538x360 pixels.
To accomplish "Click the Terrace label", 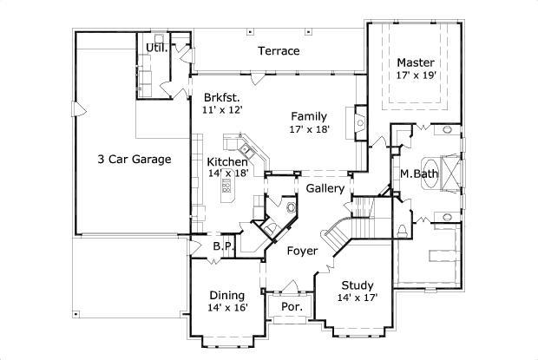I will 279,51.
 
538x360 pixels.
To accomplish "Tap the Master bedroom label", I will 416,63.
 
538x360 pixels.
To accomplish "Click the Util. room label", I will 156,47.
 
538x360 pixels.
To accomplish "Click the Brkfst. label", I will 222,97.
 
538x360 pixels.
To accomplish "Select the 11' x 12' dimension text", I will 222,111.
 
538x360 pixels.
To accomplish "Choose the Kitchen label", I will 227,161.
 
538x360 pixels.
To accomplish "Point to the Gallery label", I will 325,188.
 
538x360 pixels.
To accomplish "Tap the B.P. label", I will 223,246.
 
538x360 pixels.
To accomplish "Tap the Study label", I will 357,284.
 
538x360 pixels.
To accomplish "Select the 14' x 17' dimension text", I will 357,298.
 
